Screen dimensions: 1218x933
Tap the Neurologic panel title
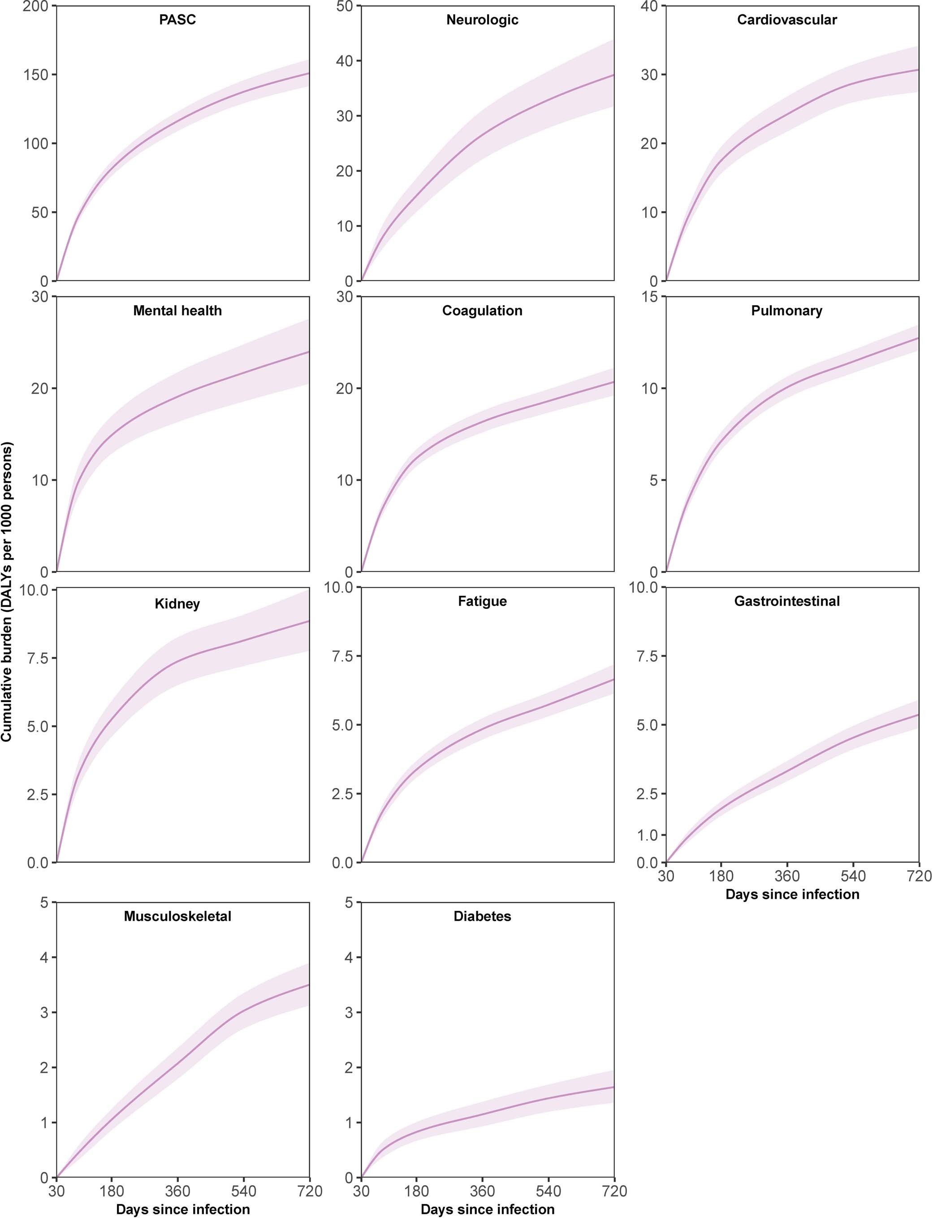tap(482, 20)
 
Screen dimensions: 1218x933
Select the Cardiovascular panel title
tap(786, 20)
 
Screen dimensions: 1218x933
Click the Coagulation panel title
tap(482, 311)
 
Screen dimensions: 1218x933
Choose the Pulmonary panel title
tap(786, 311)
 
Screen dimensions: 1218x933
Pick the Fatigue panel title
tap(482, 601)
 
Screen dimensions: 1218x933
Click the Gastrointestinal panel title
tap(786, 601)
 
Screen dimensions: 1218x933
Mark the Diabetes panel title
tap(482, 916)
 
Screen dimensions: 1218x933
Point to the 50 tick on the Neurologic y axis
tap(344, 7)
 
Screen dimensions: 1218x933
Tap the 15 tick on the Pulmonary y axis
tap(649, 297)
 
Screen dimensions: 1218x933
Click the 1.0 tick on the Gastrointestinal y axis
tap(647, 835)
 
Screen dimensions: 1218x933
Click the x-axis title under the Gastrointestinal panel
tap(792, 894)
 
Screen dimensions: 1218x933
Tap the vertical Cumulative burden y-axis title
tap(7, 591)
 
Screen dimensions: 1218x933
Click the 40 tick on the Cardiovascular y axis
tap(649, 7)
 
